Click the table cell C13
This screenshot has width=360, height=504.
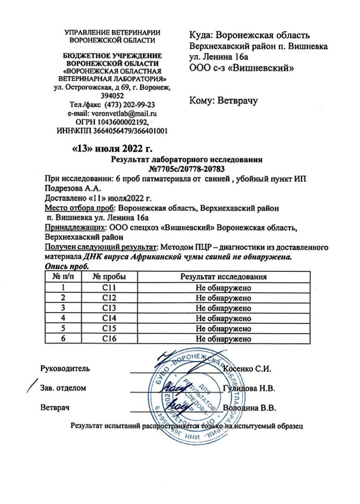[109, 308]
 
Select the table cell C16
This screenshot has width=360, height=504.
[109, 339]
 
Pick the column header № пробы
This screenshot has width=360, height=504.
[109, 276]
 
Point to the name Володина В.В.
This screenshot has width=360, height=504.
[249, 408]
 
